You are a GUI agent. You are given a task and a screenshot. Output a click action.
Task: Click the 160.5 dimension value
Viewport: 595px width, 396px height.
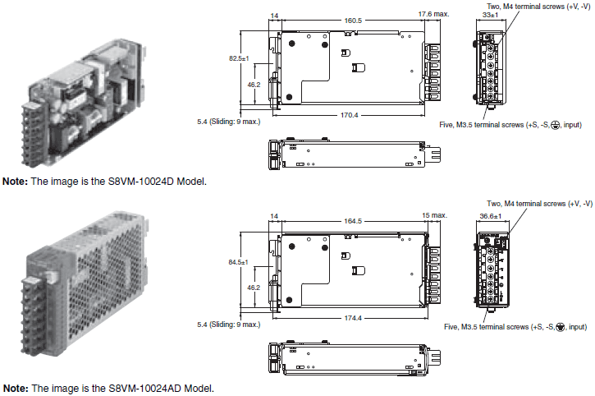pyautogui.click(x=353, y=21)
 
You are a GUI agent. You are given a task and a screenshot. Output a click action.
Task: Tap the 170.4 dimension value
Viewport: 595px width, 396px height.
pyautogui.click(x=349, y=115)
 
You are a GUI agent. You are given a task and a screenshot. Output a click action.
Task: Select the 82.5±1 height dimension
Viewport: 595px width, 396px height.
pyautogui.click(x=239, y=58)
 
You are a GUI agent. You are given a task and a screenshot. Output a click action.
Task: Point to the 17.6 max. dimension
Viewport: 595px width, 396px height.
pyautogui.click(x=433, y=14)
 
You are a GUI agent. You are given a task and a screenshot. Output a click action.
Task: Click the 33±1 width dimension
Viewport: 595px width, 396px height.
pyautogui.click(x=490, y=15)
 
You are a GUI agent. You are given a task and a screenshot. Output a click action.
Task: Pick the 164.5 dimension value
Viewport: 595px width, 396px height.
pyautogui.click(x=353, y=221)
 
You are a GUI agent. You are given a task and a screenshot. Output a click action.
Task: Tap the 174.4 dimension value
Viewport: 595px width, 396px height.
pyautogui.click(x=353, y=318)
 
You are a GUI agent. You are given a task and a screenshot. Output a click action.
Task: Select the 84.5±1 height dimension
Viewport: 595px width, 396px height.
pyautogui.click(x=238, y=262)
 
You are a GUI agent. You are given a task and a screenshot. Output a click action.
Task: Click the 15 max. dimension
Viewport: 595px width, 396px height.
pyautogui.click(x=434, y=215)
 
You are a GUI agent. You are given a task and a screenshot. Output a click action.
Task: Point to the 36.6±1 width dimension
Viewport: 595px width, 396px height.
pyautogui.click(x=490, y=216)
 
